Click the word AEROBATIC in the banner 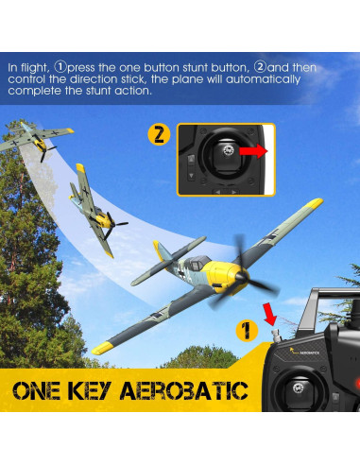click(186, 390)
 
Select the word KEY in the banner click(101, 390)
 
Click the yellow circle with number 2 click(160, 134)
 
